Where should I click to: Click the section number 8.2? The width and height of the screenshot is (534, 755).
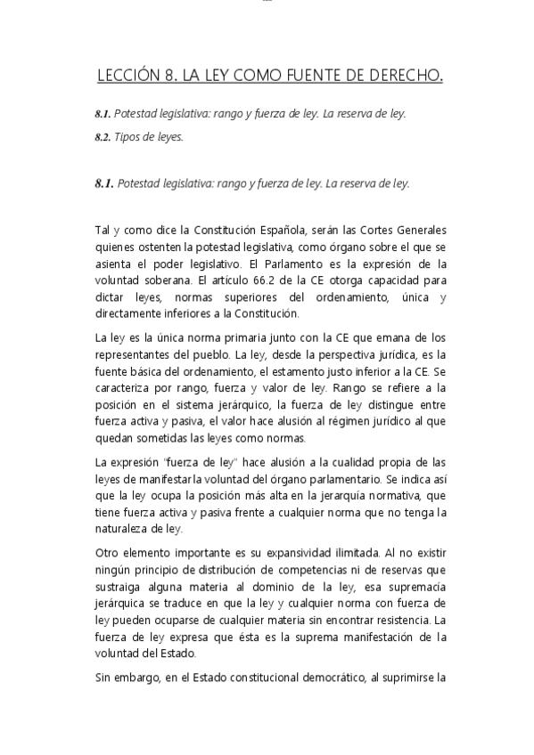103,137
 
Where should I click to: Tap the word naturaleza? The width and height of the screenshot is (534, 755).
125,529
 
